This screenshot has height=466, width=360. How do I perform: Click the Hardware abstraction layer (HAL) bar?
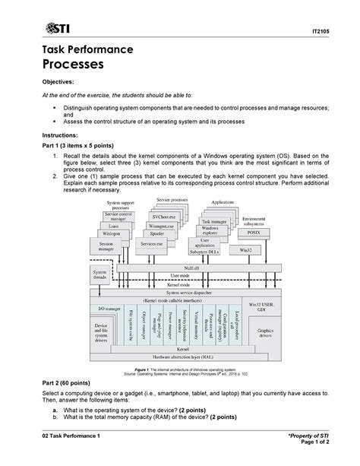[x=182, y=356]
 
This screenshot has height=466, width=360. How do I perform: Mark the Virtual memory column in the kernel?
[x=195, y=325]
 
